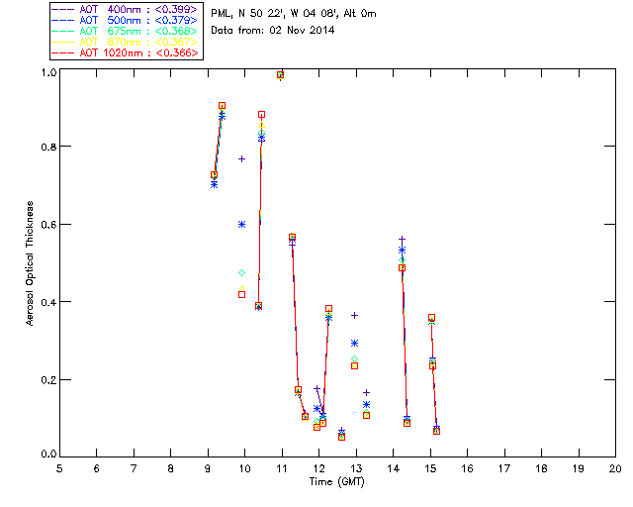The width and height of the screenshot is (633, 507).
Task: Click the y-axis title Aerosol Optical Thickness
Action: tap(31, 262)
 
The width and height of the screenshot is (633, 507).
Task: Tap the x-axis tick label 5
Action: tap(59, 467)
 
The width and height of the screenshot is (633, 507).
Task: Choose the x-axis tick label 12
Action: tap(318, 467)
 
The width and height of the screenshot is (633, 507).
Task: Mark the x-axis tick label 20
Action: tap(615, 467)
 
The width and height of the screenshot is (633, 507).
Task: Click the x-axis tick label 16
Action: tap(467, 467)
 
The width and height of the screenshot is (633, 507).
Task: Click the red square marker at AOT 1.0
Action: tap(281, 74)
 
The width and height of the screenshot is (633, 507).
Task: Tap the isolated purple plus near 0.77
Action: tap(242, 158)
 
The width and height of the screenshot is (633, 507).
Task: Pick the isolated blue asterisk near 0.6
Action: tap(242, 225)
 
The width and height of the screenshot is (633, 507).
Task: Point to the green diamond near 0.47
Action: tap(242, 272)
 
